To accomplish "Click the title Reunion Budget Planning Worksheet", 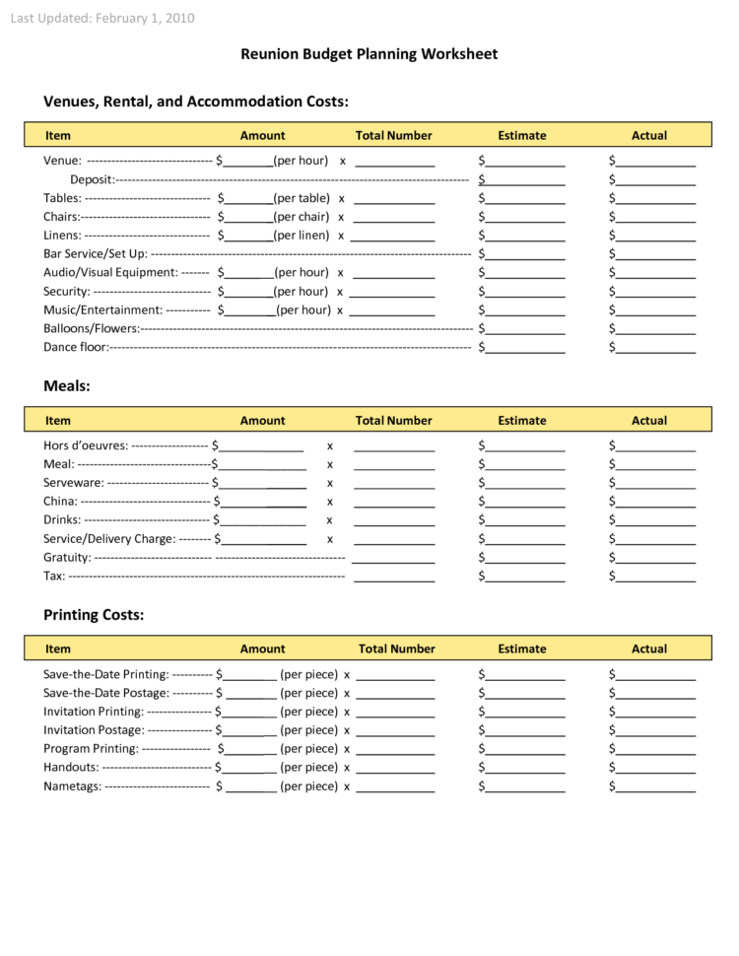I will click(x=369, y=54).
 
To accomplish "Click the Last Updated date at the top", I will click(x=102, y=18).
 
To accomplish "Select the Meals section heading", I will click(x=66, y=386).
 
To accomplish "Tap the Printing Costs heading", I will click(x=94, y=615).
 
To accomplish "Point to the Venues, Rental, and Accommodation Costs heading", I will click(x=196, y=102).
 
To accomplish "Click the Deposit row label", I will click(x=92, y=179).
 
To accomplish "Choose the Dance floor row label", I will click(x=75, y=347).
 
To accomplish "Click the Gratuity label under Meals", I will click(x=67, y=558).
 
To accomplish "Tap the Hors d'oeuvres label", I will click(x=86, y=445).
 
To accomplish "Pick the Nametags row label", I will click(x=72, y=786).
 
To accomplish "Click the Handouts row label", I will click(x=71, y=767).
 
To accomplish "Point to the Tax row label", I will click(x=54, y=577).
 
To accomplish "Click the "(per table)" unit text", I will click(x=302, y=198).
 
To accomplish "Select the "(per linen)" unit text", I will click(x=302, y=236).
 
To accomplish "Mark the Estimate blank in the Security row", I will click(x=525, y=292).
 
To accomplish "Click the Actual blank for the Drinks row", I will click(x=655, y=520).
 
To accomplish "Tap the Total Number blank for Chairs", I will click(x=393, y=217).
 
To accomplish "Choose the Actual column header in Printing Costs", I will click(x=649, y=649).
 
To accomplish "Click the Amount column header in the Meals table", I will click(x=262, y=421).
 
